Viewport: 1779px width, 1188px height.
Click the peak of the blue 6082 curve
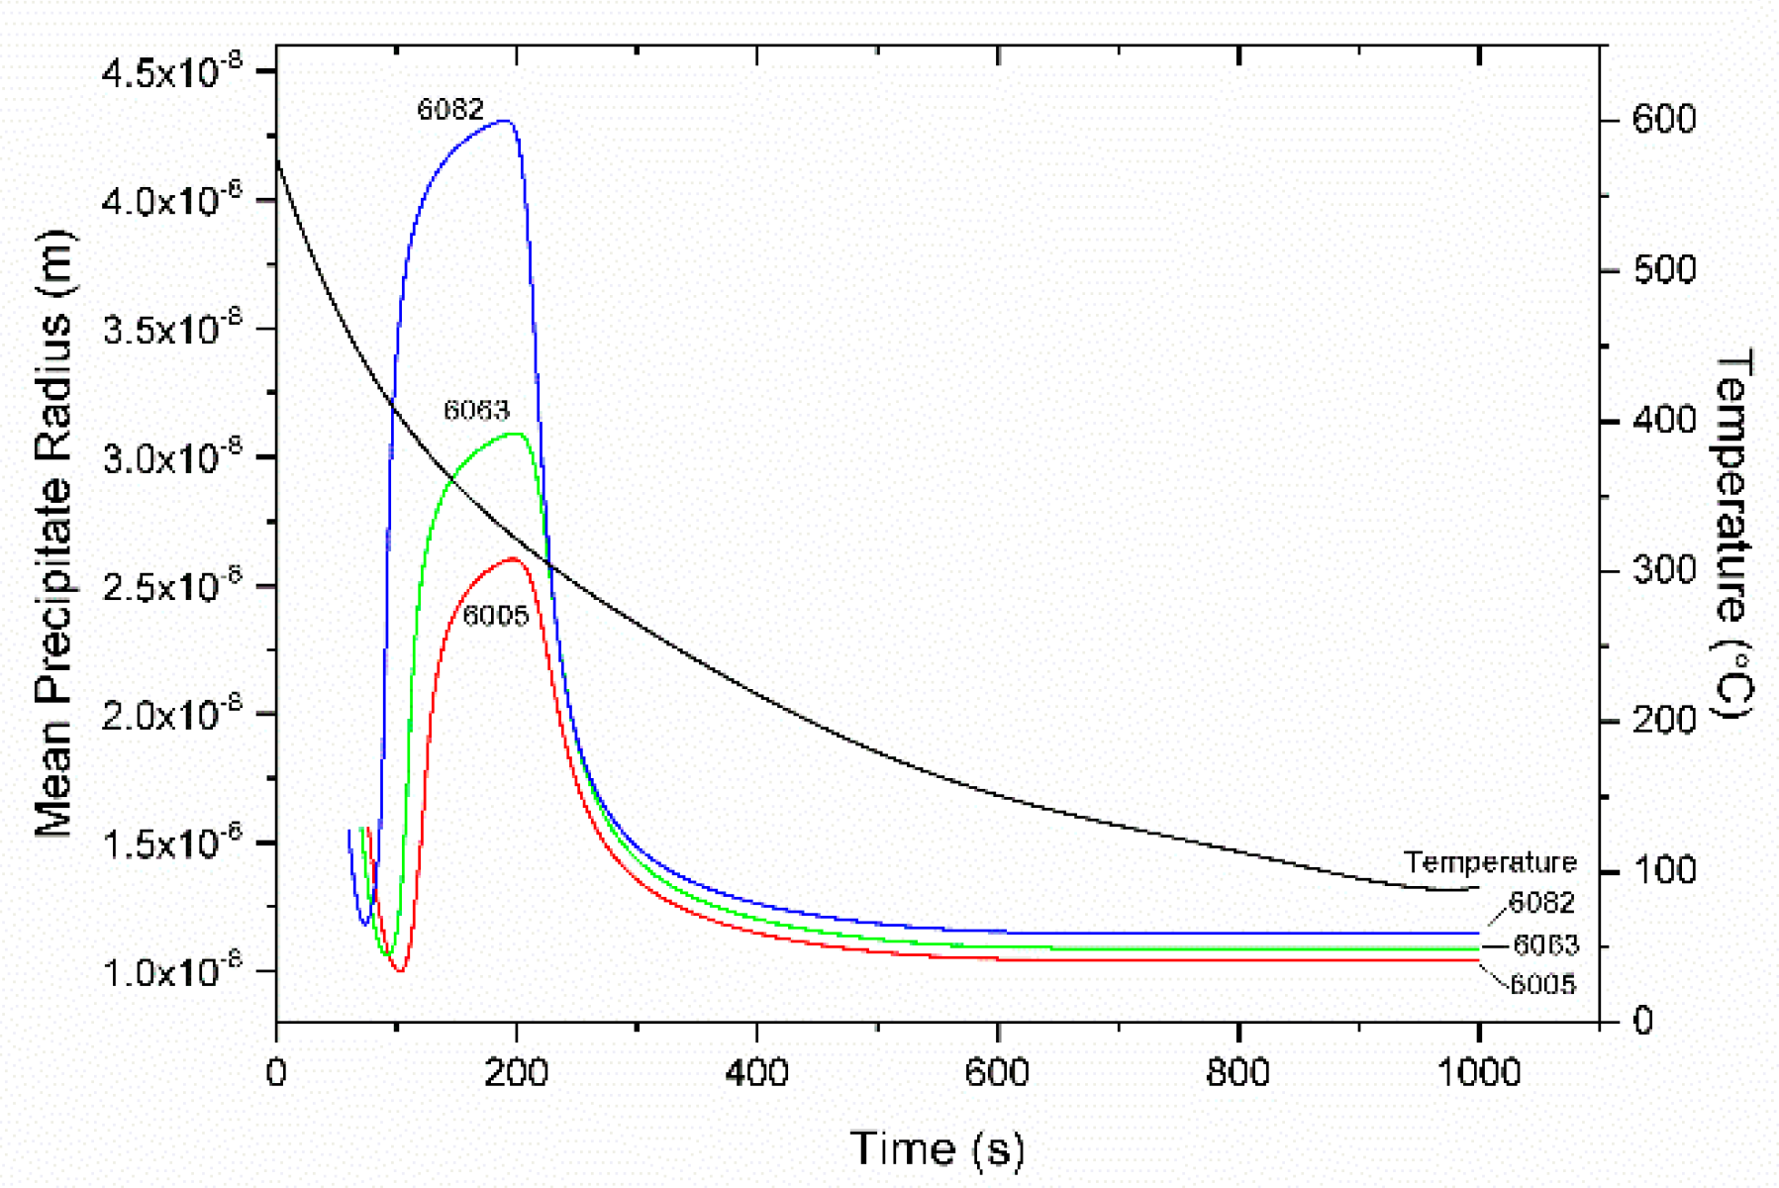click(x=505, y=121)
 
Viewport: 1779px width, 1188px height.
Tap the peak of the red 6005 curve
click(x=514, y=559)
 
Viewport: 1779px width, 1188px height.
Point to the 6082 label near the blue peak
click(x=450, y=109)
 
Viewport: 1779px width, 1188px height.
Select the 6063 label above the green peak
click(x=476, y=410)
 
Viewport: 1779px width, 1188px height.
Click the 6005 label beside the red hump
click(x=495, y=616)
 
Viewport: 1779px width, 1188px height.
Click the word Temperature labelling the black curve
click(x=1490, y=862)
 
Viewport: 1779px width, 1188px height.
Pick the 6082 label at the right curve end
click(x=1541, y=903)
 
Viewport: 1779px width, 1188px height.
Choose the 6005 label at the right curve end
click(x=1542, y=984)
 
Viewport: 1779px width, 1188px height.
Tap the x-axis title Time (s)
click(x=937, y=1148)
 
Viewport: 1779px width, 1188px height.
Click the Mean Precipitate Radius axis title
click(x=55, y=535)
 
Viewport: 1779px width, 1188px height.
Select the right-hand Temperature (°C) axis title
click(x=1732, y=535)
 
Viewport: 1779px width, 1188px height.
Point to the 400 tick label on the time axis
click(x=756, y=1072)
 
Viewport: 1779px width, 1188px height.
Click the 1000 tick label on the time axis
click(x=1478, y=1072)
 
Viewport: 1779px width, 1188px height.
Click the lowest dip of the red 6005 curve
click(x=400, y=970)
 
